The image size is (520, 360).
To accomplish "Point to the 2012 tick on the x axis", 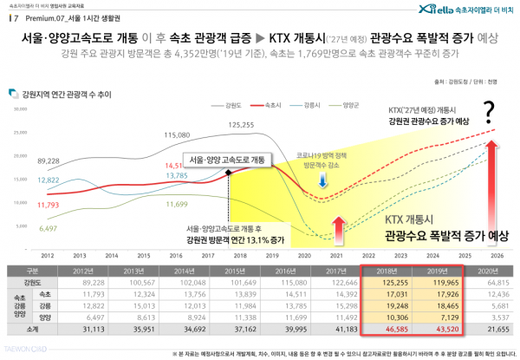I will [x=48, y=256].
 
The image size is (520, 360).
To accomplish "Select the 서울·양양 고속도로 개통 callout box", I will [x=229, y=159].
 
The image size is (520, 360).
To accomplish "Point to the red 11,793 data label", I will [x=49, y=205].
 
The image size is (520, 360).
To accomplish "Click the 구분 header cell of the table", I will [x=34, y=271].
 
